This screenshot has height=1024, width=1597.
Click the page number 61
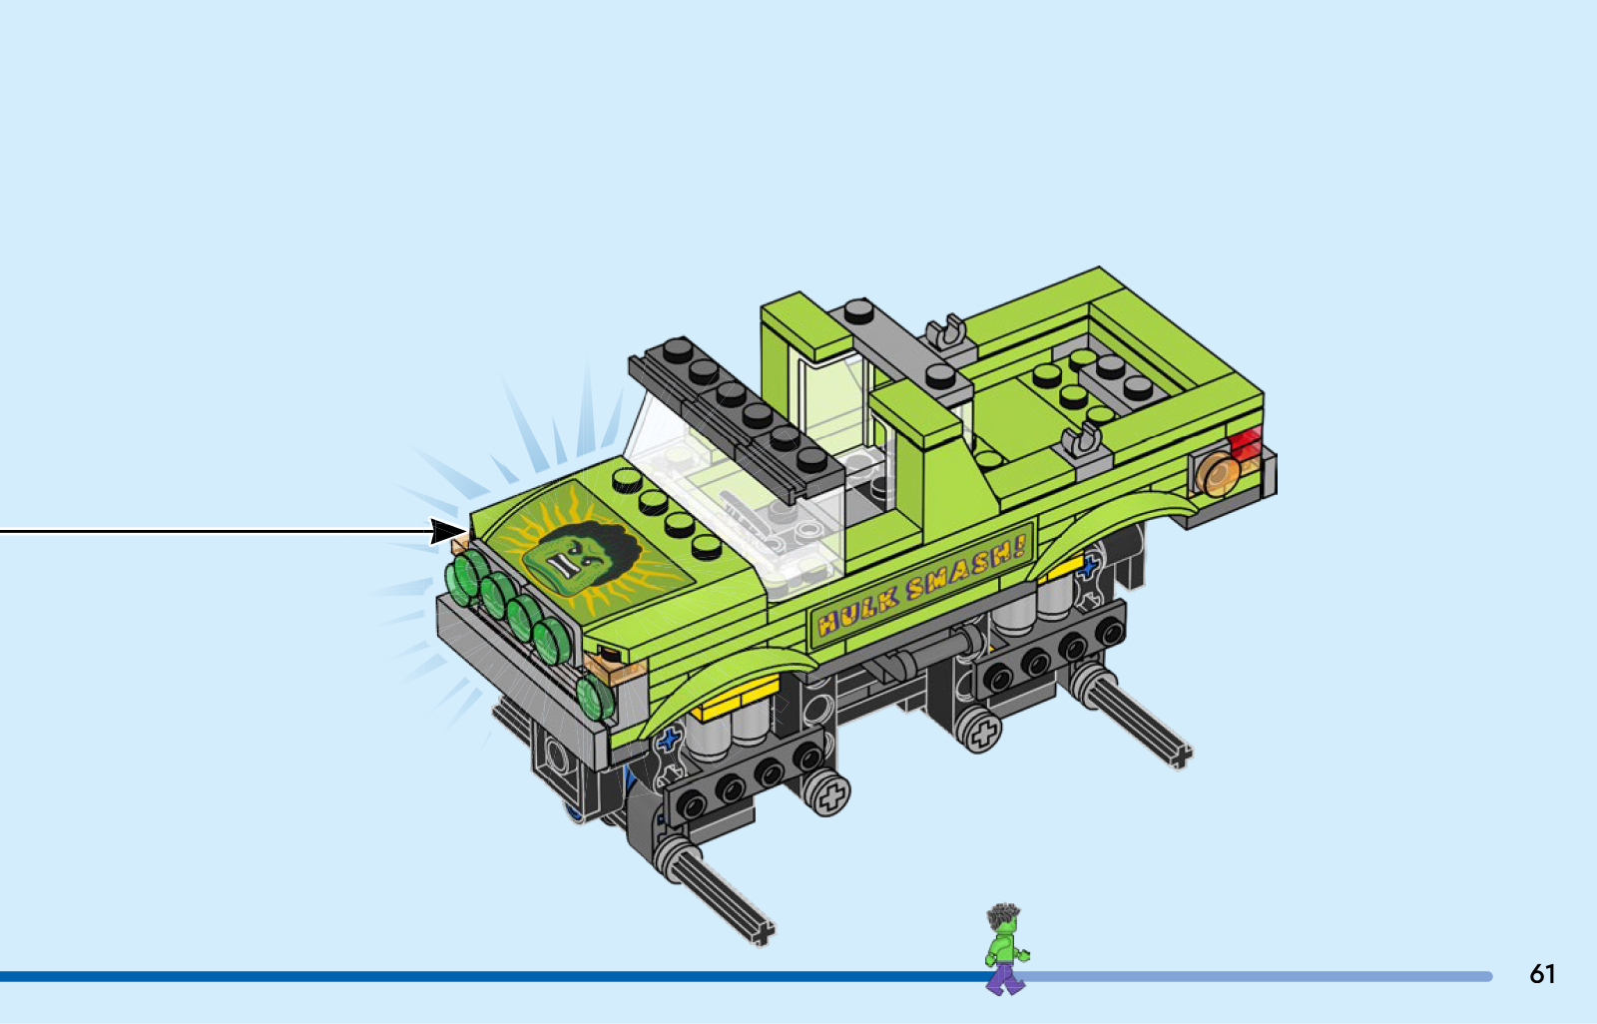(1542, 973)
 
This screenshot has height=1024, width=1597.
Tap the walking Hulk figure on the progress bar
(1005, 948)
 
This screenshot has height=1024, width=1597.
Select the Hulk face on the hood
(581, 556)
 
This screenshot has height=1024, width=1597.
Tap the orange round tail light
(1218, 474)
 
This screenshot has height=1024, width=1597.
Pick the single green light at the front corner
(595, 697)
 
